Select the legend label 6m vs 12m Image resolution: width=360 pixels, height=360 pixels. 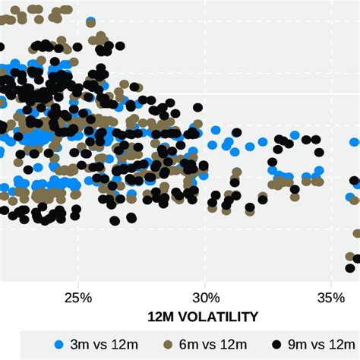click(212, 346)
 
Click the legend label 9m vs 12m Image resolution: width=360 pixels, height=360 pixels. click(318, 346)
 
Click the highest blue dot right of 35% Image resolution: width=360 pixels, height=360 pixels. click(355, 141)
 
